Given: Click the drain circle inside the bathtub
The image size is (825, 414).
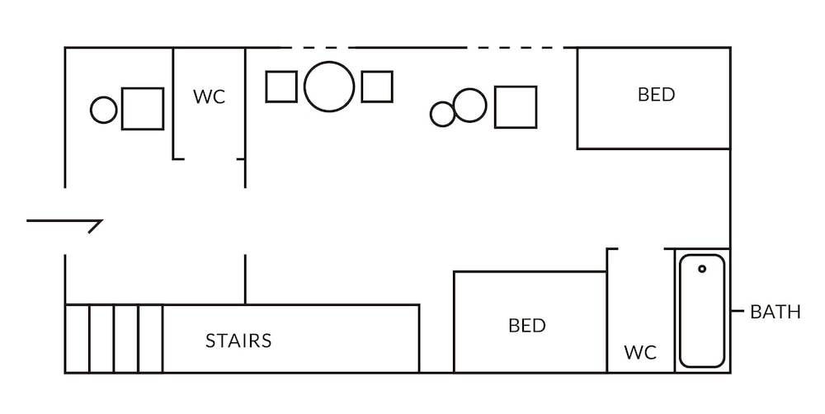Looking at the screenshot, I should [x=702, y=269].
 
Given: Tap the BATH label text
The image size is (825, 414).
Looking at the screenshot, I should [x=775, y=313].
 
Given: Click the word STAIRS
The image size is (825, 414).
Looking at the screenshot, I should [x=238, y=340].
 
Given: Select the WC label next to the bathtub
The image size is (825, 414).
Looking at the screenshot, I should [x=640, y=353].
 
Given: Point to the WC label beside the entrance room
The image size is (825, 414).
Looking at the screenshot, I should [x=209, y=96].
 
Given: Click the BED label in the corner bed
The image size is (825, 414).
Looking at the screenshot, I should [x=656, y=95].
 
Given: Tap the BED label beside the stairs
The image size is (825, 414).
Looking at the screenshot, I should [x=527, y=326].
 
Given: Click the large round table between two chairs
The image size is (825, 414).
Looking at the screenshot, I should [x=329, y=87].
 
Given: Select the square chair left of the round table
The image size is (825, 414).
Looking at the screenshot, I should [x=281, y=87].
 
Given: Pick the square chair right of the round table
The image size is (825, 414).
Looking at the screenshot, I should [x=377, y=87].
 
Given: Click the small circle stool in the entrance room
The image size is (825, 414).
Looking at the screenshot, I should [x=104, y=110].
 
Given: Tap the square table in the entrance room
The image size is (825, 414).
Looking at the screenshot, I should [x=142, y=109].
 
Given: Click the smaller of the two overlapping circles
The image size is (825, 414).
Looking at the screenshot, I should [x=442, y=114].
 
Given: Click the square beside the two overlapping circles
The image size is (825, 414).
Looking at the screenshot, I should [x=516, y=107].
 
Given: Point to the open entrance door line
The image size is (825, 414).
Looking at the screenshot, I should [x=62, y=221].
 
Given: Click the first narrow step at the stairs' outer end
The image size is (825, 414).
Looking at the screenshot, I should [x=77, y=339].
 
